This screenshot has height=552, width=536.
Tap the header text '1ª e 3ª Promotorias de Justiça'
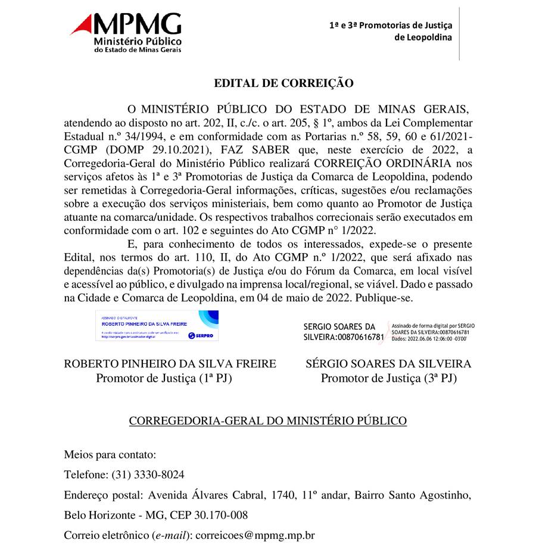click(x=391, y=25)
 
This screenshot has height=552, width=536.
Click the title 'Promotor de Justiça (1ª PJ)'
click(x=164, y=378)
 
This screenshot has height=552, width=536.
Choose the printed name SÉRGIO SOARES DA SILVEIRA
click(x=388, y=364)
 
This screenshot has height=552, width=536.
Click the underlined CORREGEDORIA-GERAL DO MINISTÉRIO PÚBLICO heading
click(x=268, y=421)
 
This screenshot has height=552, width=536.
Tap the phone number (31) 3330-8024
click(x=148, y=475)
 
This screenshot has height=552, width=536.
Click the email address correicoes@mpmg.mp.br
click(x=255, y=535)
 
